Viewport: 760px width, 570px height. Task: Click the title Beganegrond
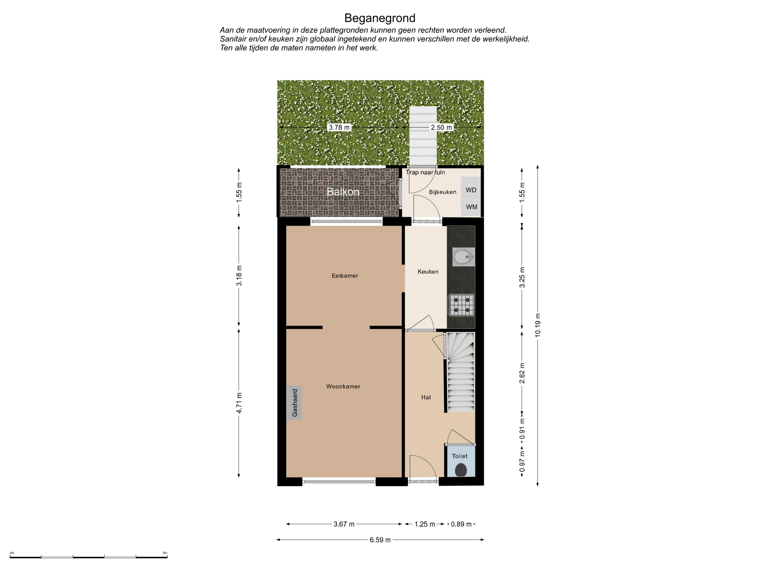click(x=380, y=18)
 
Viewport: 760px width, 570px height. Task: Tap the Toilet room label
click(x=460, y=456)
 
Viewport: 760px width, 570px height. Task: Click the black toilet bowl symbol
click(x=461, y=470)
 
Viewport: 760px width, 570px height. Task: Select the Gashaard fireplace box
click(x=294, y=403)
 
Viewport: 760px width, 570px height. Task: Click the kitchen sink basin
click(x=463, y=257)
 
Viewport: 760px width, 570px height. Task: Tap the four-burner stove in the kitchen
click(x=461, y=305)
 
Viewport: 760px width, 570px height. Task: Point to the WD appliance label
click(x=471, y=190)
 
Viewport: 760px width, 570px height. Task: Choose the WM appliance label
click(x=471, y=207)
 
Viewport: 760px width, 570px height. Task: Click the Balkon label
click(x=343, y=192)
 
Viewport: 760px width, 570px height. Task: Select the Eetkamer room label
click(x=345, y=276)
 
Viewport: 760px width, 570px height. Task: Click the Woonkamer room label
click(x=343, y=387)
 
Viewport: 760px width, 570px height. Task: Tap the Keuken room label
click(x=428, y=272)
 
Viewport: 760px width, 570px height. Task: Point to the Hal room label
click(x=426, y=397)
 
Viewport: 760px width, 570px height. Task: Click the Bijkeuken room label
click(x=443, y=192)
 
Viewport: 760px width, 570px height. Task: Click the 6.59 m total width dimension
click(x=380, y=540)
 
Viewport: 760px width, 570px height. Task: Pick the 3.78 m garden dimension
click(x=339, y=127)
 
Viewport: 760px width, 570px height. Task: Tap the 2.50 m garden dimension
click(x=441, y=127)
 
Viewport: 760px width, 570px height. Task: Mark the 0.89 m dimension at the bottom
click(x=461, y=524)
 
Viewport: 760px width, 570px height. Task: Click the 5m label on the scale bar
click(x=165, y=553)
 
